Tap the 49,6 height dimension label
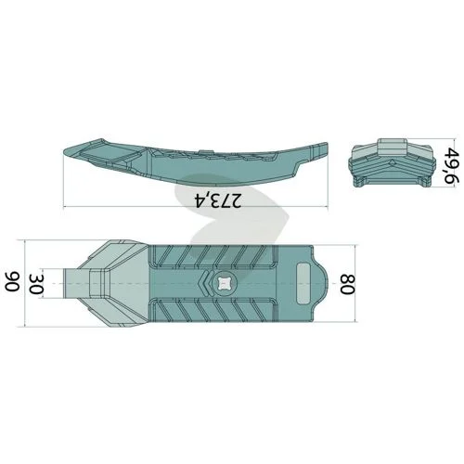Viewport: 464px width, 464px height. point(450,166)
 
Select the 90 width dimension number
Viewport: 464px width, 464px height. point(13,281)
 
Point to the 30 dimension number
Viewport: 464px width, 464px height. point(36,284)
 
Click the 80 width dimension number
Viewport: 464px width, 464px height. point(348,284)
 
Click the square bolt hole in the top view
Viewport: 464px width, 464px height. point(224,284)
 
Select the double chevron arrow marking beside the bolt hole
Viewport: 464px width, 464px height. point(205,283)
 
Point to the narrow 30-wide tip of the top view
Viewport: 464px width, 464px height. point(76,284)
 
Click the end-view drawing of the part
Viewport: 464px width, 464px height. point(393,163)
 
